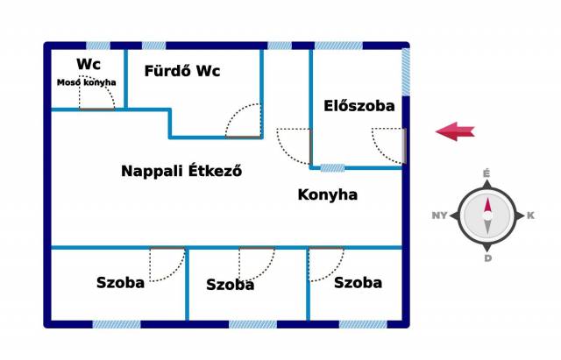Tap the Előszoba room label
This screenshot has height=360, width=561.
pos(359,106)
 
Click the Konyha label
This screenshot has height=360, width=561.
pos(328,194)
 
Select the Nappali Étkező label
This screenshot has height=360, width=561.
pos(181,171)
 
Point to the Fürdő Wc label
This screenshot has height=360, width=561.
pos(181,71)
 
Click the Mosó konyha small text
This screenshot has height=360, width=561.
pos(87,82)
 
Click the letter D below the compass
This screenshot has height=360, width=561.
pos(487,258)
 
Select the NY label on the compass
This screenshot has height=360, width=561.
pos(440,215)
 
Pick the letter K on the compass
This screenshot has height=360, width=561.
pos(530,215)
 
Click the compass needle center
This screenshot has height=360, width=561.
pos(486,215)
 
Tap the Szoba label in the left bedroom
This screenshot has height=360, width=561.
pos(120,282)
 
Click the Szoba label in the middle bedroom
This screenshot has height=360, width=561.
pos(231,285)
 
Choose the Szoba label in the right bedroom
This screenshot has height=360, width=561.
pos(358,282)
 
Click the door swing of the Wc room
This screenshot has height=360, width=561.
pos(96,93)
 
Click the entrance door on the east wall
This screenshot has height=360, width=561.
pos(404,145)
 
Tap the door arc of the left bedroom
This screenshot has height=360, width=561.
pos(167,264)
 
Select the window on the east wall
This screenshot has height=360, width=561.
pos(405,72)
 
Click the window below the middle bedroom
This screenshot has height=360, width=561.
pos(252,324)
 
